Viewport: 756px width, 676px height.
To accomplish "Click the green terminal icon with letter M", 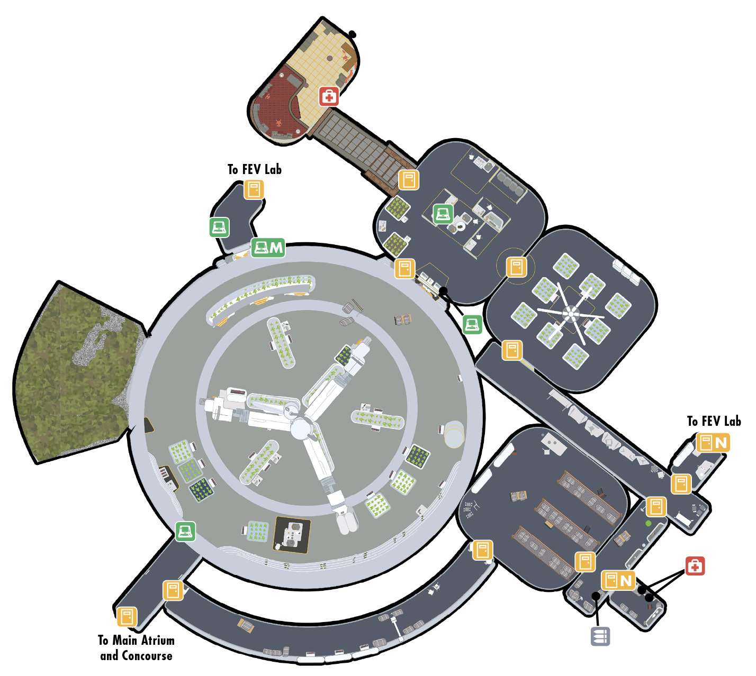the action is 268,248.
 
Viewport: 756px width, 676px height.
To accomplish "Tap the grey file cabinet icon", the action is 600,636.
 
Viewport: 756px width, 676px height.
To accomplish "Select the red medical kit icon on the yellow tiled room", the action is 329,97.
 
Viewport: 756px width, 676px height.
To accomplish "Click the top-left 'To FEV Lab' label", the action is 255,169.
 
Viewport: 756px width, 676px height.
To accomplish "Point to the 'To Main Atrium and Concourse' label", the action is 136,648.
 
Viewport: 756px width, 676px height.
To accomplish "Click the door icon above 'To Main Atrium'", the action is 127,617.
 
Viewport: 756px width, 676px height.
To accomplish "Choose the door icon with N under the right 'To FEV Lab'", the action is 713,443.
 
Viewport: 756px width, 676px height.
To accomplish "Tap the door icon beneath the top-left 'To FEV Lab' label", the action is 254,189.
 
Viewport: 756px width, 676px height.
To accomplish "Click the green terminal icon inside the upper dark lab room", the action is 443,214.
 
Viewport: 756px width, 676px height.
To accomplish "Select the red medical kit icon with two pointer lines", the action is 695,566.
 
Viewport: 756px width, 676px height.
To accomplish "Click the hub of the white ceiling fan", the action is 570,313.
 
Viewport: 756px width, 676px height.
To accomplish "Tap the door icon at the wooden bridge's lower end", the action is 409,180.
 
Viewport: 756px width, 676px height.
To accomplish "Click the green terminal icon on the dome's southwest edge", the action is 185,531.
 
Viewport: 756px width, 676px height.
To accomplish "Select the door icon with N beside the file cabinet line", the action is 618,580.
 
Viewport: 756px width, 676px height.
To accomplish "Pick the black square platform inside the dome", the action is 292,535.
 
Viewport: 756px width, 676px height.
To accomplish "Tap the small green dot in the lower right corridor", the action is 648,524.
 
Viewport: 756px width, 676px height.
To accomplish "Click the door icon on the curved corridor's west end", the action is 173,590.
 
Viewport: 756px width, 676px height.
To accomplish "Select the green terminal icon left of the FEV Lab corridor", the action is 219,227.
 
